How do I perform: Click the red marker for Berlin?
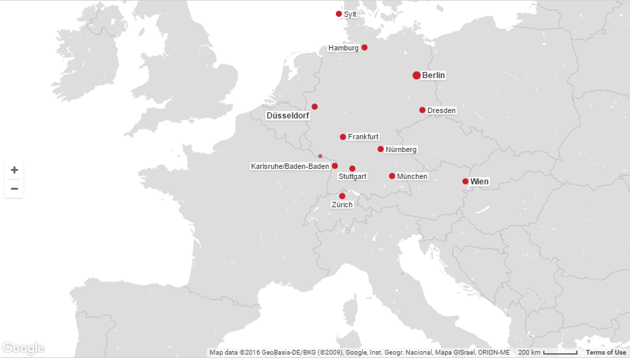click(x=417, y=75)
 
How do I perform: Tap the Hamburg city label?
click(x=343, y=48)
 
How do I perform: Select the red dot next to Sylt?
click(x=339, y=13)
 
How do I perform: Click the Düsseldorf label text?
click(x=287, y=116)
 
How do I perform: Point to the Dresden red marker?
click(x=422, y=110)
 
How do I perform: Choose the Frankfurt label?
click(x=363, y=137)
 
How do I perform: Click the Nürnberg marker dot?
click(x=380, y=149)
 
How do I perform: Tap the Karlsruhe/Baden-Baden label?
click(x=289, y=166)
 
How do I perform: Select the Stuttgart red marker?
click(x=352, y=168)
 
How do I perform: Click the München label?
click(x=412, y=176)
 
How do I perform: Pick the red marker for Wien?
click(x=465, y=181)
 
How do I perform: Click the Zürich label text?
click(x=342, y=205)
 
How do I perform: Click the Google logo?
click(x=24, y=348)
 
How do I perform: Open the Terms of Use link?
click(x=606, y=353)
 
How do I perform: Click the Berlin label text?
click(x=433, y=75)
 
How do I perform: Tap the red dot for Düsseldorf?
click(x=314, y=106)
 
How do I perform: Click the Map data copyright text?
click(x=359, y=353)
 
